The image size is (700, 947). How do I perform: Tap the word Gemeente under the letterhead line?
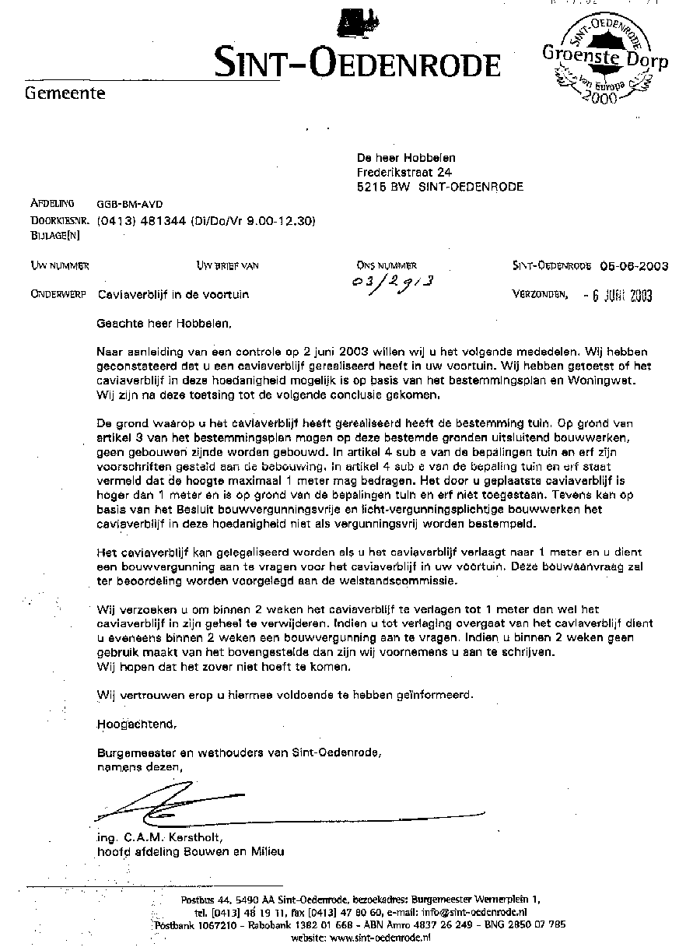point(65,95)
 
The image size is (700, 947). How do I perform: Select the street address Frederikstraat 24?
point(404,172)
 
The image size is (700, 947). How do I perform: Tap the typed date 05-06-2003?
point(634,266)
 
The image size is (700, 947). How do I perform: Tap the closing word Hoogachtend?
point(137,724)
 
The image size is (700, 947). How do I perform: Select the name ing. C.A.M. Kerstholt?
point(160,838)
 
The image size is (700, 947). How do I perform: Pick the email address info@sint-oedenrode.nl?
point(474,912)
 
